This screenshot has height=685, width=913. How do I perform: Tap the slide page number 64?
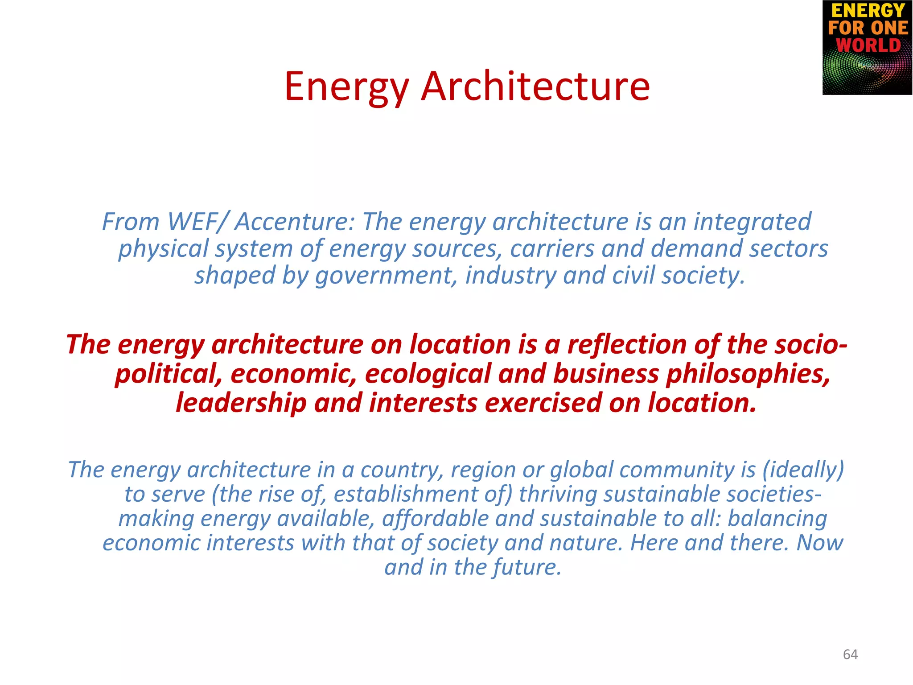click(850, 654)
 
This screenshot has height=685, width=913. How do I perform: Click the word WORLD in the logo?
click(868, 45)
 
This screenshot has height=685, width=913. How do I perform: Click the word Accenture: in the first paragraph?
click(295, 222)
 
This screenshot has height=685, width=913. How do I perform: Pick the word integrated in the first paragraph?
click(752, 222)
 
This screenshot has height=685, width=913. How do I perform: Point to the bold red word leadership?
click(241, 403)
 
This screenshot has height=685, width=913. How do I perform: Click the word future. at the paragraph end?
click(526, 567)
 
